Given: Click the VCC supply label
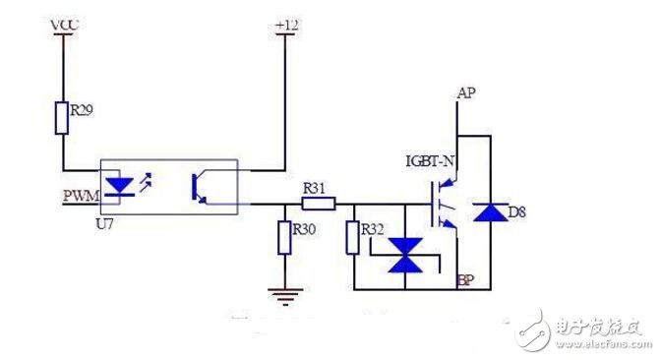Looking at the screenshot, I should pyautogui.click(x=64, y=22).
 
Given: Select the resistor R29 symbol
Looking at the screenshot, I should pyautogui.click(x=64, y=117).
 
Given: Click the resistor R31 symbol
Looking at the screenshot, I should pyautogui.click(x=317, y=204).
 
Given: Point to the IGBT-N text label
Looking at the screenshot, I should pyautogui.click(x=432, y=158).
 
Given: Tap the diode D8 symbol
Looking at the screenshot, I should pyautogui.click(x=485, y=210).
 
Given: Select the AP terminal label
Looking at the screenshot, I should pyautogui.click(x=468, y=92).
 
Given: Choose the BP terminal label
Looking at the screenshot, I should pyautogui.click(x=467, y=281).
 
